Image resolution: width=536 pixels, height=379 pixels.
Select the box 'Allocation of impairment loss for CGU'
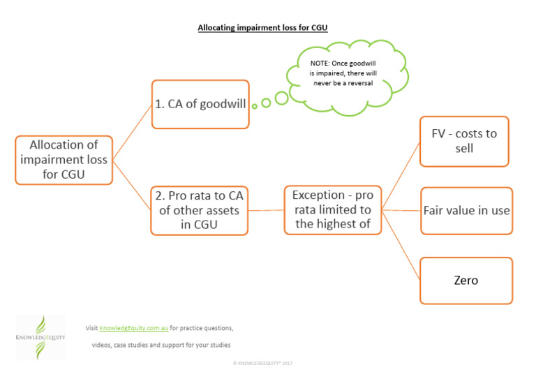tap(64, 160)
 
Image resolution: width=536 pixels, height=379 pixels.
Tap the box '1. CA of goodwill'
tap(200, 104)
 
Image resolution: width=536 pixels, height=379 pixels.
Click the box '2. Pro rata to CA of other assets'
tap(199, 210)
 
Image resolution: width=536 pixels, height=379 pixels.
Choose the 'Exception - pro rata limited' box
tap(332, 209)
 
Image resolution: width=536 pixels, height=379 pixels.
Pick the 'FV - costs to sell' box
tap(464, 141)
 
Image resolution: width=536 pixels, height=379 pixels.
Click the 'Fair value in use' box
tap(466, 210)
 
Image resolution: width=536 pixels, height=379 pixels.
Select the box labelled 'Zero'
tap(466, 281)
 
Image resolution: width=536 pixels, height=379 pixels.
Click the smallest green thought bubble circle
tap(255, 106)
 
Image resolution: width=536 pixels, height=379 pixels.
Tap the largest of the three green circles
tap(281, 98)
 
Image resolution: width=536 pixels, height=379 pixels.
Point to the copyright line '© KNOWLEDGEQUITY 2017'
tap(267, 364)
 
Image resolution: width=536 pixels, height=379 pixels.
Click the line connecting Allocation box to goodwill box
tap(132, 131)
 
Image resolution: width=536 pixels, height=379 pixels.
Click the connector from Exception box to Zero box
tap(401, 245)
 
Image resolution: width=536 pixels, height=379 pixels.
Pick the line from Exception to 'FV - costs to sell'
tap(401, 174)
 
